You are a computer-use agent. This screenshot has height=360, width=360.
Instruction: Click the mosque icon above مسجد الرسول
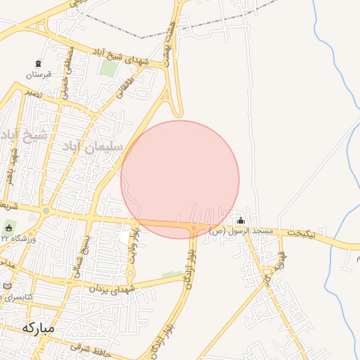241,221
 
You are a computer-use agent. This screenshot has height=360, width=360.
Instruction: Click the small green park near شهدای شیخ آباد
108,69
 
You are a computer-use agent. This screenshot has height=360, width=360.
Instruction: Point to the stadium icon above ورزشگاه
9,228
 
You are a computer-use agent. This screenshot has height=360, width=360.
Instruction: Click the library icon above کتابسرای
7,287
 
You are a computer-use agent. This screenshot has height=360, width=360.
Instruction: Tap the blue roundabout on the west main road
46,211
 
